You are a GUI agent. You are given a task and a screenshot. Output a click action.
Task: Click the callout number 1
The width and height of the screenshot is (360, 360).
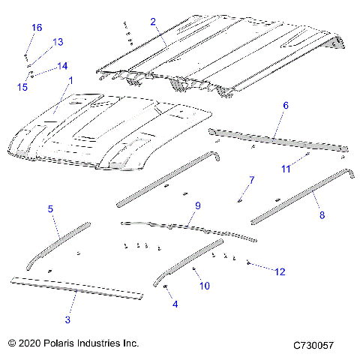click(x=70, y=79)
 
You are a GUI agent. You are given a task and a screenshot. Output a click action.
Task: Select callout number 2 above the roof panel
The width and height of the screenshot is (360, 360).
click(x=153, y=22)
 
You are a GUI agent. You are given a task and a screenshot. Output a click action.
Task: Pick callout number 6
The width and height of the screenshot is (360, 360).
click(x=285, y=107)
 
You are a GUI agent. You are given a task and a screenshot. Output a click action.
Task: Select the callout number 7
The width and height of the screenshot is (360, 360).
click(x=251, y=180)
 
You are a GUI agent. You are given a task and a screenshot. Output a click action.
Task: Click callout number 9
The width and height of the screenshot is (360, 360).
click(x=198, y=205)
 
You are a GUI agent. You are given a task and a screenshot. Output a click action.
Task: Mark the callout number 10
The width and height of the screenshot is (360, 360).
click(x=203, y=286)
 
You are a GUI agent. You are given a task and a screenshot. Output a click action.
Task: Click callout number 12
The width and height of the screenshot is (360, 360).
click(x=280, y=271)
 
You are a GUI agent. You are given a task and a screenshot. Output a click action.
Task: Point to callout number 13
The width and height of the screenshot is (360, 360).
click(x=58, y=42)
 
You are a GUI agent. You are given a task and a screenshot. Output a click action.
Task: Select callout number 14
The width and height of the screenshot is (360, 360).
click(x=61, y=66)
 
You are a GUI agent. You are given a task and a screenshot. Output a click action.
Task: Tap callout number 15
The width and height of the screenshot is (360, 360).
click(x=22, y=87)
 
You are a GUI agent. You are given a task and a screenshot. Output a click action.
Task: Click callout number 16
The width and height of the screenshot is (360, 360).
click(x=37, y=28)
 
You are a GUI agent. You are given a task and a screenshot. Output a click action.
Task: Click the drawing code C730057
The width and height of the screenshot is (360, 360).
click(x=313, y=344)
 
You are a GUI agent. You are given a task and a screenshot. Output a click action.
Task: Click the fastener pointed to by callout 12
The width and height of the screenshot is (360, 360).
click(x=249, y=263)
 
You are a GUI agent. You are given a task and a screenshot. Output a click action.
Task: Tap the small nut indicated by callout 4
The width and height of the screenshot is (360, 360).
click(x=165, y=286)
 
